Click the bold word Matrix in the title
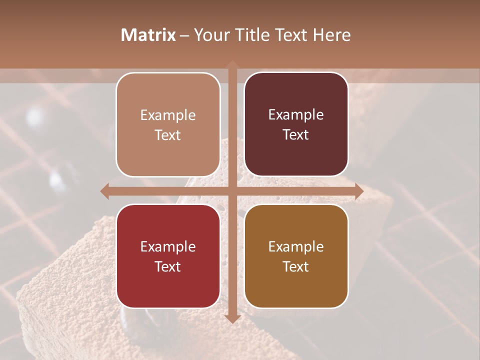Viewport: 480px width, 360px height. (148, 35)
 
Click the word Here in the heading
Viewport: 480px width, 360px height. (331, 35)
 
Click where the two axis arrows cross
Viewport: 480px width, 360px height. (232, 191)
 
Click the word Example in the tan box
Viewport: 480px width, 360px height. (168, 115)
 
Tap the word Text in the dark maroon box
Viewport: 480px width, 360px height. (296, 135)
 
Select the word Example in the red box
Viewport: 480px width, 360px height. (168, 247)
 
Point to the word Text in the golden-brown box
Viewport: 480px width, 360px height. (296, 266)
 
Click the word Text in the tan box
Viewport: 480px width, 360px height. (168, 135)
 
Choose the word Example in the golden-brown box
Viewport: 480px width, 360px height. (296, 247)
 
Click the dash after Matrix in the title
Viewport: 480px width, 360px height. (184, 35)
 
